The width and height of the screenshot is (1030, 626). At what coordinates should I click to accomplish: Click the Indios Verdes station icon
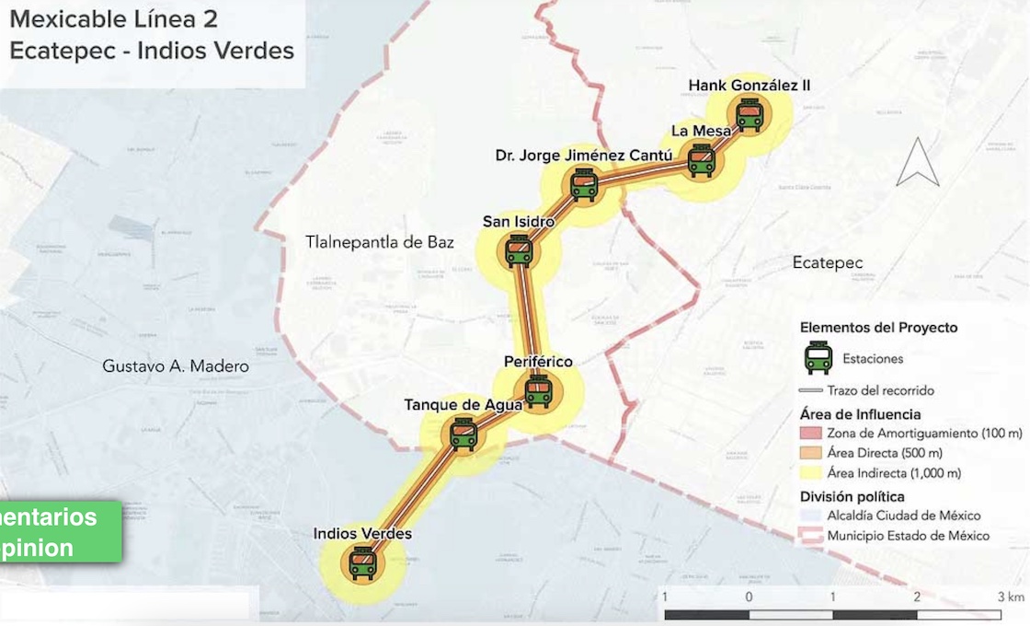point(362,562)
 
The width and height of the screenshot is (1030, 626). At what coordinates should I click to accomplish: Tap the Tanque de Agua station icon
point(463,433)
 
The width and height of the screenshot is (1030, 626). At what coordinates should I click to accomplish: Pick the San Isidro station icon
point(519,250)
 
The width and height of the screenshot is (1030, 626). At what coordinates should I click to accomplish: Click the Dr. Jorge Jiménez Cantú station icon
point(583,184)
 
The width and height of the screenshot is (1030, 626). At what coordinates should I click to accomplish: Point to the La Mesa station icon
point(702,160)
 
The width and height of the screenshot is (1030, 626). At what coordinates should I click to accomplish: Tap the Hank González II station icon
point(750,115)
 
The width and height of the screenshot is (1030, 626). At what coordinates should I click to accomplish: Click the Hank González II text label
point(749,86)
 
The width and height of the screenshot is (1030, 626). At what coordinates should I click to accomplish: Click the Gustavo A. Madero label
point(175,366)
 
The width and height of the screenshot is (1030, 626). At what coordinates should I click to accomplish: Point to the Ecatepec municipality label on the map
point(828,263)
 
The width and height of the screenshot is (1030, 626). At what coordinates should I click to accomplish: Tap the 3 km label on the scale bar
point(1014,597)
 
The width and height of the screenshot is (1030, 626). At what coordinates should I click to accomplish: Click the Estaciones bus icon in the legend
point(818,358)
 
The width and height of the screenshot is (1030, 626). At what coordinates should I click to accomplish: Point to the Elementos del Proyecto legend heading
point(878,328)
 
